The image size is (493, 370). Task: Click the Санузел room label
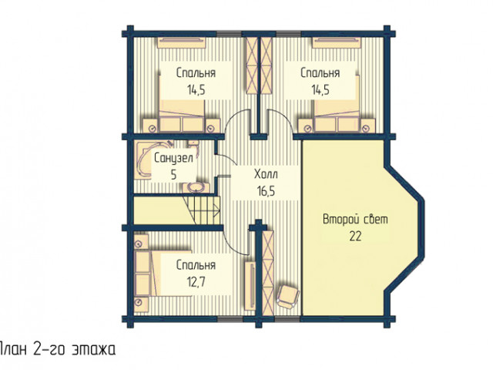pyautogui.click(x=173, y=158)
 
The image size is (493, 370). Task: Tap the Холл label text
pyautogui.click(x=266, y=174)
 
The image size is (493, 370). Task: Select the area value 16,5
pyautogui.click(x=266, y=191)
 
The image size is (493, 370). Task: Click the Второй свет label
pyautogui.click(x=355, y=219)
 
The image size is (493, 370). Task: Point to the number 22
pyautogui.click(x=355, y=236)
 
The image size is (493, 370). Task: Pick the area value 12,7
pyautogui.click(x=196, y=281)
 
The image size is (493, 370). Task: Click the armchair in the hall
pyautogui.click(x=287, y=297)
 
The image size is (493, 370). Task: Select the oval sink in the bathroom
pyautogui.click(x=196, y=187)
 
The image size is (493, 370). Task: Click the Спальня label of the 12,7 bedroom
pyautogui.click(x=196, y=265)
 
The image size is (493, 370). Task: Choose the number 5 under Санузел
pyautogui.click(x=174, y=175)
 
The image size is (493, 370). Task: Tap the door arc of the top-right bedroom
pyautogui.click(x=281, y=119)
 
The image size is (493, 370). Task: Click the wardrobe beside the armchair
pyautogui.click(x=268, y=272)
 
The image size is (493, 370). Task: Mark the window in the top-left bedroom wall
pyautogui.click(x=229, y=33)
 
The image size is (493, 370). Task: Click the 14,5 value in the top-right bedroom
pyautogui.click(x=320, y=90)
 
